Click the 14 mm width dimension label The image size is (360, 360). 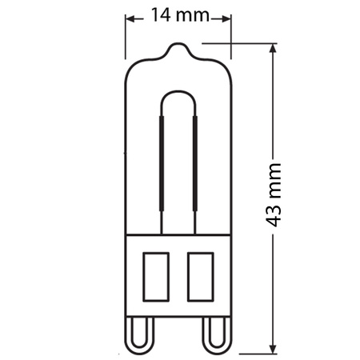(178, 14)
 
